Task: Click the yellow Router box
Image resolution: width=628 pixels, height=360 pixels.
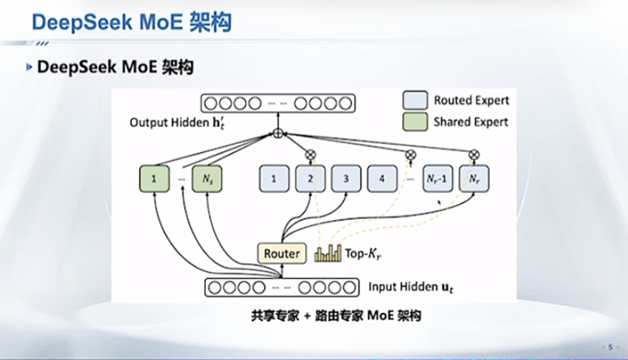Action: [x=282, y=253]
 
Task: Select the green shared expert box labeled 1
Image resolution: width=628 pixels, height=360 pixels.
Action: [x=154, y=179]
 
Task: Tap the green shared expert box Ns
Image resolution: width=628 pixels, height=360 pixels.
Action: [x=207, y=179]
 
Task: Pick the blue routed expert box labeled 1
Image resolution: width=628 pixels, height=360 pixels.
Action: [x=274, y=179]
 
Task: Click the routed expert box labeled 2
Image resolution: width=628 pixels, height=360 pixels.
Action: [x=310, y=179]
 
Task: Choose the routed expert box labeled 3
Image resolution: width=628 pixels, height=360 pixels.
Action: [x=346, y=179]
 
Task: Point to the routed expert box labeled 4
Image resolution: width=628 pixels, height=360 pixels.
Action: [x=382, y=179]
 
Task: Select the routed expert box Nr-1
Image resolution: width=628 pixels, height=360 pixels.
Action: [x=438, y=179]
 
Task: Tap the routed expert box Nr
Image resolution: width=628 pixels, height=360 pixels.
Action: [x=474, y=179]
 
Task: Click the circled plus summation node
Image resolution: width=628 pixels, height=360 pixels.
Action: [x=277, y=134]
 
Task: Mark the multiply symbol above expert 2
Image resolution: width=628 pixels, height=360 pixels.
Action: [x=310, y=153]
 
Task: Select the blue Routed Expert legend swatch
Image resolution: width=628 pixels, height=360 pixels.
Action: [x=414, y=100]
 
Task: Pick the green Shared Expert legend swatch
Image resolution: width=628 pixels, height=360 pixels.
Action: [x=414, y=121]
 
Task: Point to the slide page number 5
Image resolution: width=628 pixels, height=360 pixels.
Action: [x=610, y=346]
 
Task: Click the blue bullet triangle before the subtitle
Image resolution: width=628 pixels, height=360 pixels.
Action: [x=29, y=67]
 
